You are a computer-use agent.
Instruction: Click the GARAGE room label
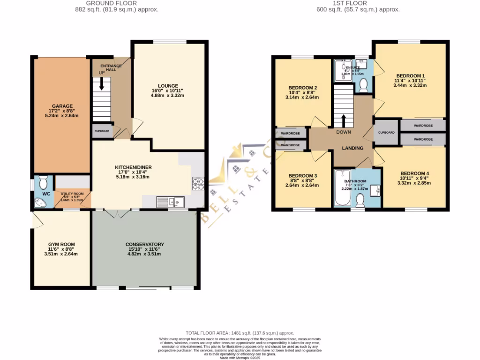(x=62, y=106)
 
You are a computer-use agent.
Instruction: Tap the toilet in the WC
(x=43, y=181)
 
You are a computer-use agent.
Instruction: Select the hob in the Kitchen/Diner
(x=198, y=183)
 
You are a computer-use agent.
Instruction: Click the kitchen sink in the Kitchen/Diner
(x=177, y=202)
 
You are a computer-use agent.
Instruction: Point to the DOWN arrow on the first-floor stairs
(x=343, y=121)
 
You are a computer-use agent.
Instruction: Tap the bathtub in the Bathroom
(x=340, y=187)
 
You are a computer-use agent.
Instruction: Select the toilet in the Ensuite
(x=363, y=84)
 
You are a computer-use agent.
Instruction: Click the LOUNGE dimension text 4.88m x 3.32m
(x=167, y=96)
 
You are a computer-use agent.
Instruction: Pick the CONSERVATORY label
(x=144, y=244)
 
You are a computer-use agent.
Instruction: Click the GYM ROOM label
(x=61, y=244)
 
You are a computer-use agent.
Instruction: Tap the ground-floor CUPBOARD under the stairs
(x=102, y=131)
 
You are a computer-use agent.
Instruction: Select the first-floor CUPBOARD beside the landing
(x=387, y=133)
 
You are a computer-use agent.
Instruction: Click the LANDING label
(x=352, y=148)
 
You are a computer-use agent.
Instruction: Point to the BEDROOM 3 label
(x=303, y=176)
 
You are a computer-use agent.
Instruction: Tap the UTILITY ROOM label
(x=72, y=193)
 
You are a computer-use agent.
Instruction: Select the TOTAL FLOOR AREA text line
(x=240, y=332)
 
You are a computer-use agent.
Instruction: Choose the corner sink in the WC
(x=39, y=202)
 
